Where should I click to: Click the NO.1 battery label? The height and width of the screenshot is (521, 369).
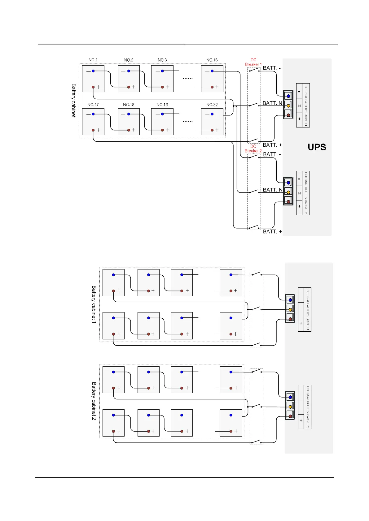[93, 60]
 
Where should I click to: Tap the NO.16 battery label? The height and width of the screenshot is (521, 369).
[212, 60]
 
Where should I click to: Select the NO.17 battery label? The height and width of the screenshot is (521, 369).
[93, 105]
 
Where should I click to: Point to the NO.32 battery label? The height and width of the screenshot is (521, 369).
[212, 105]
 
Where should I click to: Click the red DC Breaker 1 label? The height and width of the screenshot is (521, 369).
[253, 62]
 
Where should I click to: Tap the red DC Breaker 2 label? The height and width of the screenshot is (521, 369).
[253, 149]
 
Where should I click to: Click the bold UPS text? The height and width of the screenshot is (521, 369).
[317, 147]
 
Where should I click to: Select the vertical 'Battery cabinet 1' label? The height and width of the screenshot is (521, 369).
[94, 304]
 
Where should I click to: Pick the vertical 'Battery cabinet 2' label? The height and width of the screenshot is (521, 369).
[94, 401]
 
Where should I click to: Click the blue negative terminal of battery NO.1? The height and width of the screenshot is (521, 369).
[93, 71]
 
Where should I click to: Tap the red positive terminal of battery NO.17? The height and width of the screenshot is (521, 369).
[93, 130]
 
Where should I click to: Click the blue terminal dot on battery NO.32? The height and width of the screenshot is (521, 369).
[212, 114]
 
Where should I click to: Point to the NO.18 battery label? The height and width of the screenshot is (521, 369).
[129, 105]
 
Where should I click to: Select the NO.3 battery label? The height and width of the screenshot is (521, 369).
[162, 60]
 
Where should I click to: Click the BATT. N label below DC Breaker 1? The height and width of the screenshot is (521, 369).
[272, 103]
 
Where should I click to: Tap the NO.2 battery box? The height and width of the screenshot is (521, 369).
[129, 79]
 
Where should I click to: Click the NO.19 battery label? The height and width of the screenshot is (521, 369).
[162, 105]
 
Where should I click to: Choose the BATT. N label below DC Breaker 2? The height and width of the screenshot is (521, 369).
[273, 190]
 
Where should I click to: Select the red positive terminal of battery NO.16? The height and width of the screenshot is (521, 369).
[212, 87]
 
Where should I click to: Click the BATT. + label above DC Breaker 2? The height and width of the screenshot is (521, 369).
[272, 145]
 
